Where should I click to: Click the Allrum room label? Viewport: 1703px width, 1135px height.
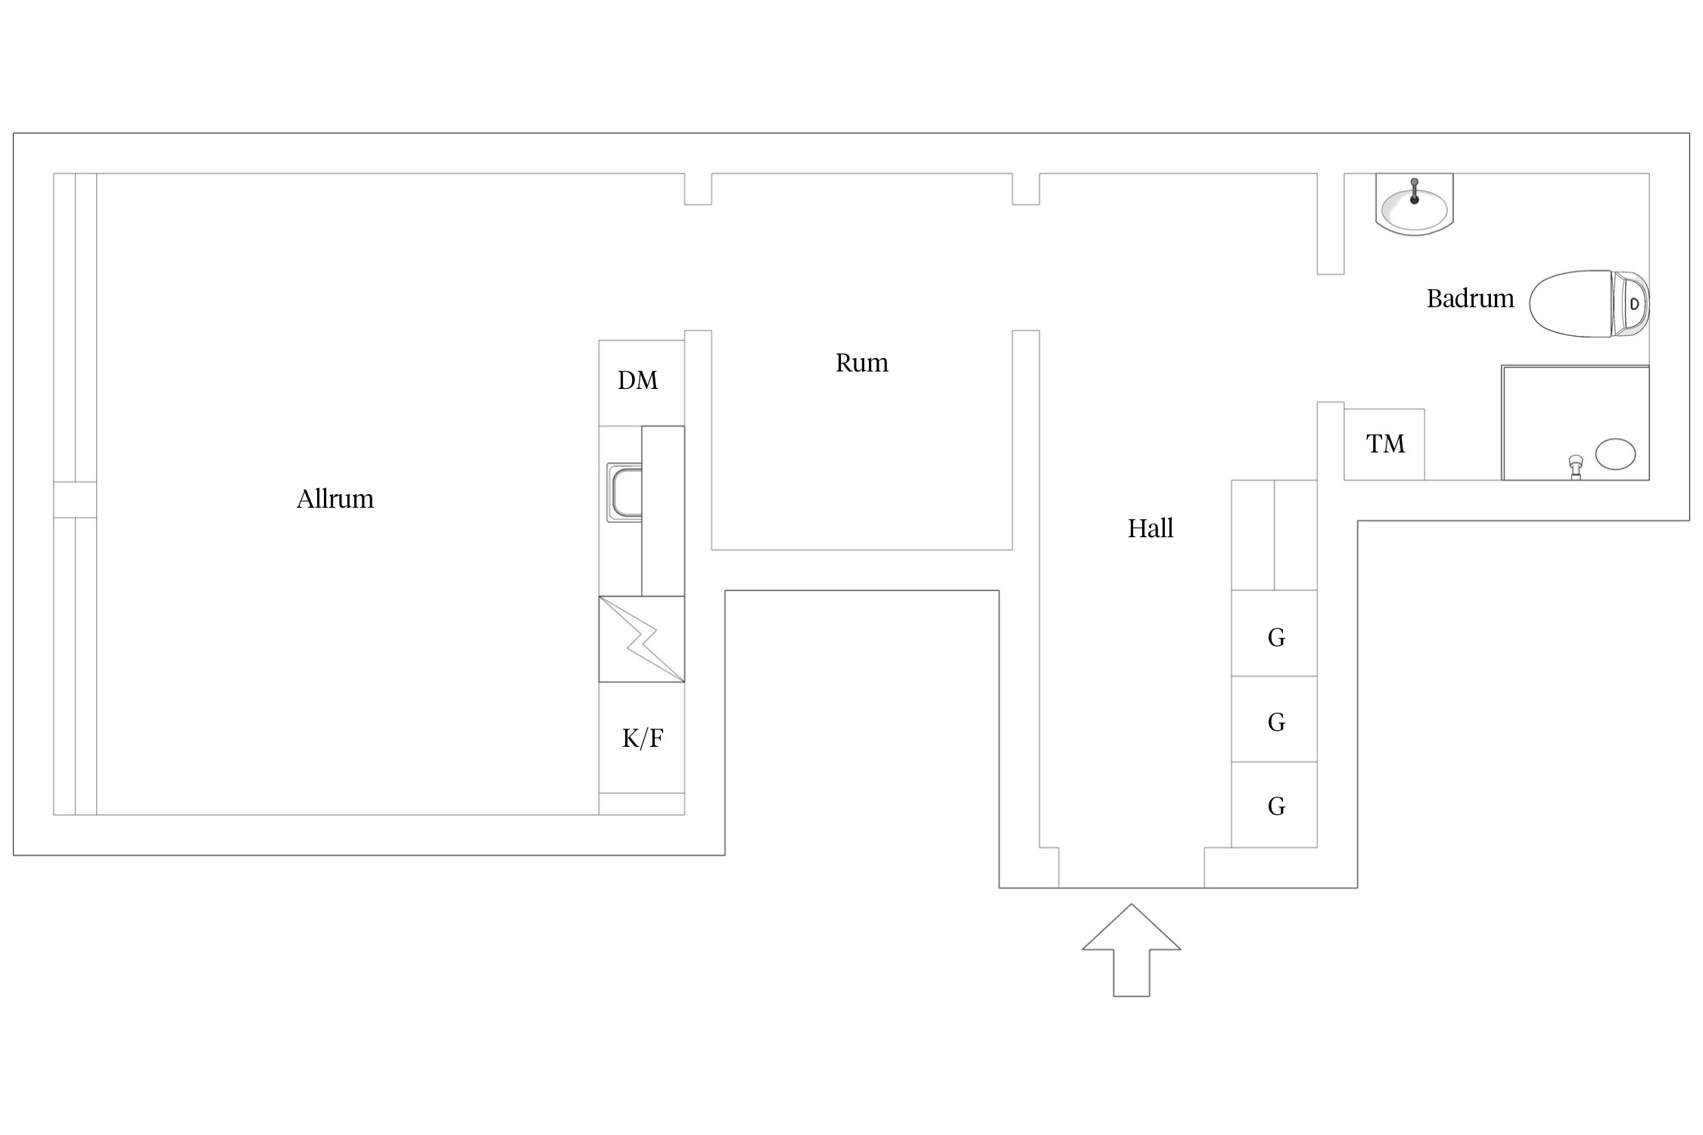(335, 499)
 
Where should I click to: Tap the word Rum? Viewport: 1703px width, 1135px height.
(861, 363)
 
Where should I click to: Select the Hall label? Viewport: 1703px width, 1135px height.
(1150, 528)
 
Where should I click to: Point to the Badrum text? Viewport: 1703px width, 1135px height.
(1470, 299)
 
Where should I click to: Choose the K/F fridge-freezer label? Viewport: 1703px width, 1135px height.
(642, 738)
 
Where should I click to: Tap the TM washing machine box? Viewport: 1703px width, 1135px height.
(1384, 444)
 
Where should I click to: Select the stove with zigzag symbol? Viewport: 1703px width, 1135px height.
(641, 639)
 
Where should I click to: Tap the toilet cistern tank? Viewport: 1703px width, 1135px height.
(1631, 303)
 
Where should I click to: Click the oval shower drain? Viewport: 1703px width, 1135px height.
(1615, 454)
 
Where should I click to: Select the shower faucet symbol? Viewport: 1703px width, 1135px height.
(1576, 466)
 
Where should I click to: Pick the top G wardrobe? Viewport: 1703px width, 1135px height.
(1275, 633)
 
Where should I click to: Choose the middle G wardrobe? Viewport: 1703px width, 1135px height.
(1275, 719)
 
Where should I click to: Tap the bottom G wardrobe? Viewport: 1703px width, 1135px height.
(1275, 804)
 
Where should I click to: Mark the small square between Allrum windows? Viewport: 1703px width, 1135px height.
(75, 499)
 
